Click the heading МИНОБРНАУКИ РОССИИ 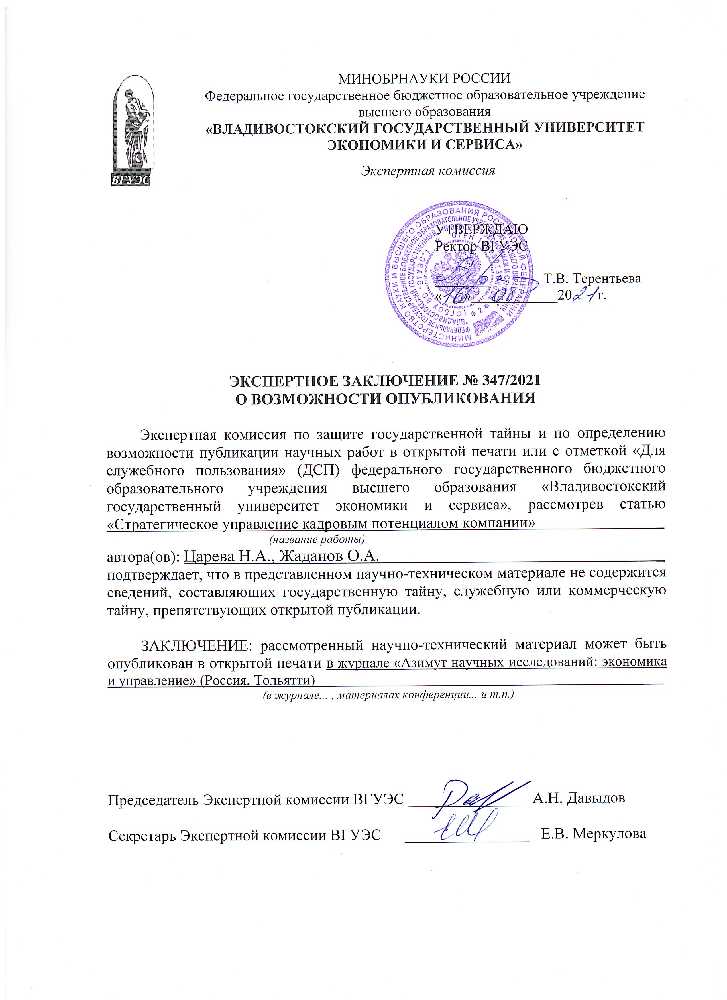(x=424, y=78)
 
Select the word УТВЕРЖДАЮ (x=481, y=229)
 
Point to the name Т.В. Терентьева (x=592, y=279)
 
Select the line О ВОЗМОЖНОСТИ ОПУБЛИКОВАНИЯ (x=384, y=398)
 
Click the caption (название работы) (x=317, y=539)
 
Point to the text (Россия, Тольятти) (x=257, y=680)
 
